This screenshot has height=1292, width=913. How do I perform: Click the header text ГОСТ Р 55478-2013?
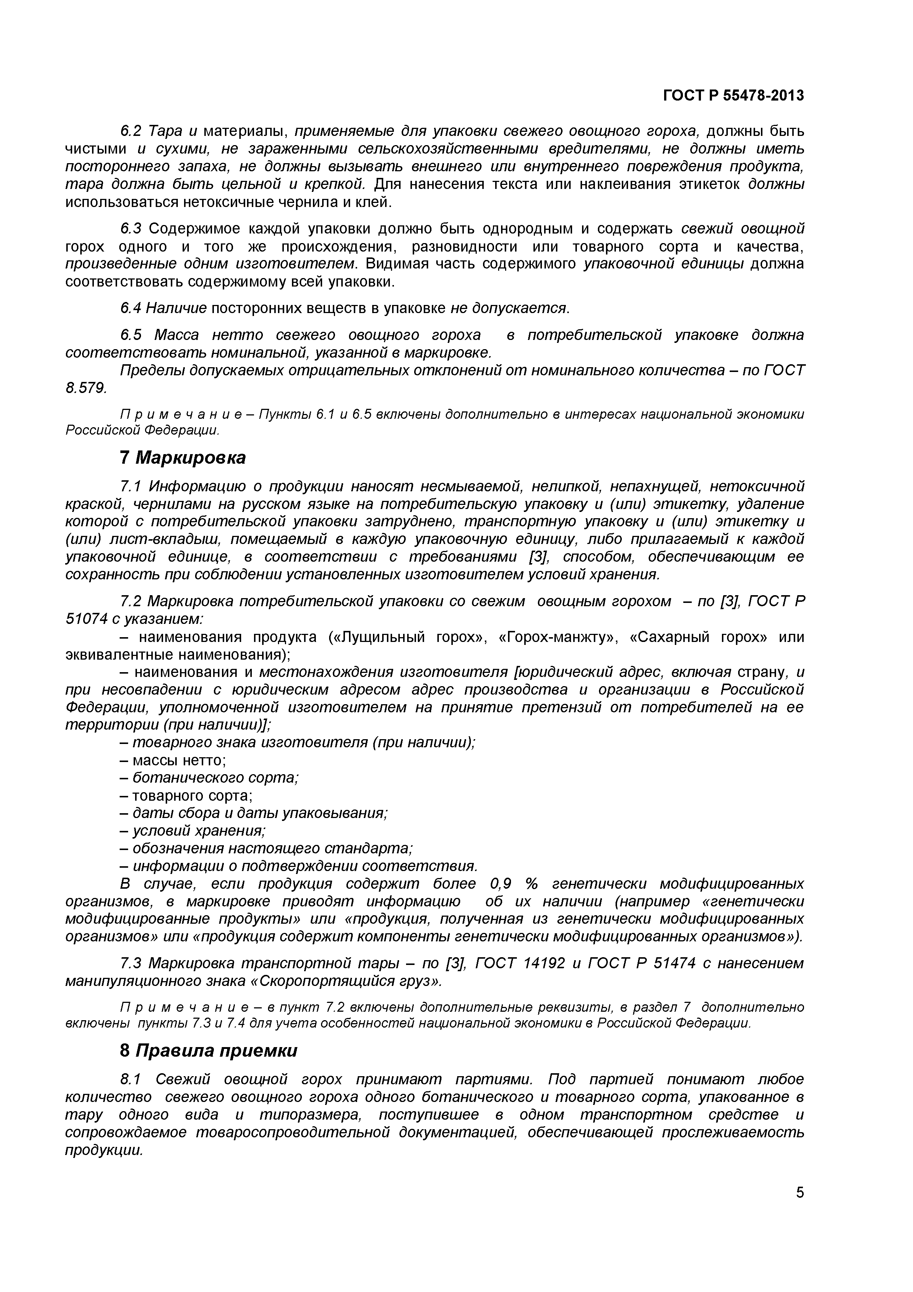click(x=733, y=96)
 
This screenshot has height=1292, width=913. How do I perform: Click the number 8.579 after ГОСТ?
click(x=85, y=388)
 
